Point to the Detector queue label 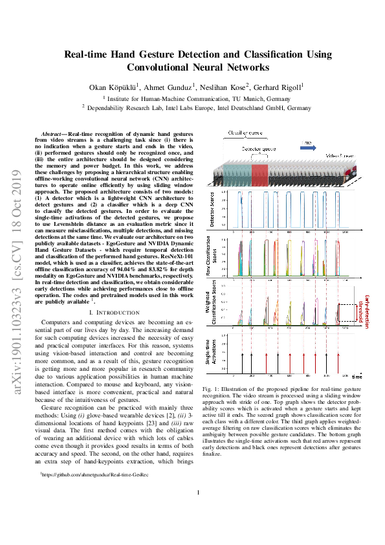(x=259, y=149)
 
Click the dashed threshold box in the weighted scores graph (x=346, y=313)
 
